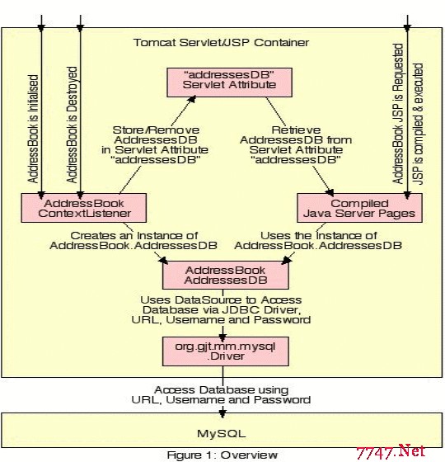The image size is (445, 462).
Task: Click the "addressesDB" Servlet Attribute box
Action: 230,82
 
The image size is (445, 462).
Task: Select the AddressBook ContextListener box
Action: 84,208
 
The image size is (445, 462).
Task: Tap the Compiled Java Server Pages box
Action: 359,208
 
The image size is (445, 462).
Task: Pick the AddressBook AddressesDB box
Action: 226,275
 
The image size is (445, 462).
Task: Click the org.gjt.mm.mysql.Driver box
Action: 226,351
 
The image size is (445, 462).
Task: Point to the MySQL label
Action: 222,433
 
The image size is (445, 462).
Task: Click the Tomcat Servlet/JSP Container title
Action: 222,43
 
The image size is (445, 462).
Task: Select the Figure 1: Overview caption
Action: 222,455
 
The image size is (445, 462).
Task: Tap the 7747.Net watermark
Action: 391,452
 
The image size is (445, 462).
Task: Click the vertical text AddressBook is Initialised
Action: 33,129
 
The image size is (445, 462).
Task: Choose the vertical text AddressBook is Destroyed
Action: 72,125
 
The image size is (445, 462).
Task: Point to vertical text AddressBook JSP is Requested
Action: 398,114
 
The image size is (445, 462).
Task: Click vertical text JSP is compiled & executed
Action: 418,124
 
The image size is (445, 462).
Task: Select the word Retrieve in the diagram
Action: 296,130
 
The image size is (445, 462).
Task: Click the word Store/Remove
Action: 156,130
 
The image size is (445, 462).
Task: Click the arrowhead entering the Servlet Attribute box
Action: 192,99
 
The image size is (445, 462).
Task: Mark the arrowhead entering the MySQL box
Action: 222,412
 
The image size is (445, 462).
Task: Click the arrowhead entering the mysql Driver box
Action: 222,337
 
